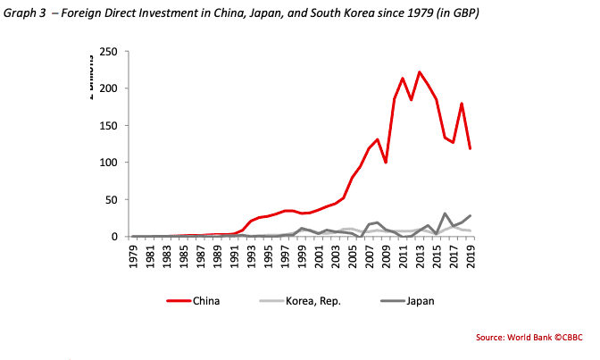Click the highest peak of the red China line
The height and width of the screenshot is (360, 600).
(420, 72)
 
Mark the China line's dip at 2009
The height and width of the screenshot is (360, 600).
(386, 163)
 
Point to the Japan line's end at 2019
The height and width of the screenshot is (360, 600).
(471, 216)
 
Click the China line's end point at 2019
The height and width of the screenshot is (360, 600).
(471, 148)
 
